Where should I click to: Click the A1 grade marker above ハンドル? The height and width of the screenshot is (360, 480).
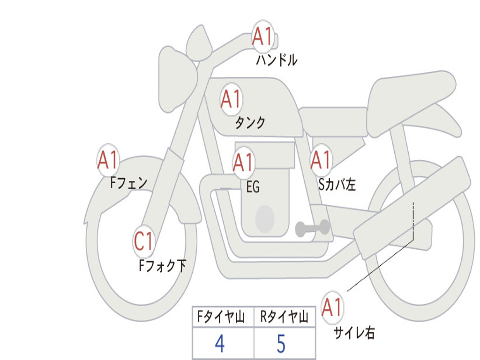coord(262,37)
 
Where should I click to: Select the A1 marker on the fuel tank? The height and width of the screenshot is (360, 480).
coord(231,99)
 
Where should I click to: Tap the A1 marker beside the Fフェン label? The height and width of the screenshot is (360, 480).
coord(108,160)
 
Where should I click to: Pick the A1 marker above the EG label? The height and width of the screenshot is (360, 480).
coord(243,162)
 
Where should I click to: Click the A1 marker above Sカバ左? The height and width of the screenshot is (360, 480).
coord(321,160)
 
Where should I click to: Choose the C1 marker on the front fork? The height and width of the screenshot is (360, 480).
coord(143,241)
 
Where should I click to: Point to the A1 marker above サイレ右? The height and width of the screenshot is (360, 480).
coord(332,307)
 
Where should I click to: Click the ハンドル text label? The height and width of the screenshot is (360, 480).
coord(277,60)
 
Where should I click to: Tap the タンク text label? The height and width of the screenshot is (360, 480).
coord(250,123)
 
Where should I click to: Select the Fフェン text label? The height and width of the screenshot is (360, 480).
coord(129,183)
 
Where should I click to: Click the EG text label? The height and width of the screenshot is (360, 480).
coord(253,187)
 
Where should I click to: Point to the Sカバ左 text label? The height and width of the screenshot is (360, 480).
coord(337,184)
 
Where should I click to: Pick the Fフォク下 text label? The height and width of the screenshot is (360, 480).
coord(163,266)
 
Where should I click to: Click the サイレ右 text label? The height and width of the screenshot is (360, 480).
coord(354,333)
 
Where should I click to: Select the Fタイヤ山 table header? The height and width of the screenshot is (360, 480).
coord(221,317)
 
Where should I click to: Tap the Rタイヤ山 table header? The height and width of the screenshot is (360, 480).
coord(285,317)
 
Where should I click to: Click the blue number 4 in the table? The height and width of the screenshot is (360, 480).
coord(220,344)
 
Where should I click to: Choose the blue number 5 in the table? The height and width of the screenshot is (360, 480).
coord(281,344)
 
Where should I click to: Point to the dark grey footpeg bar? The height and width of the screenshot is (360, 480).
coord(312,228)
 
